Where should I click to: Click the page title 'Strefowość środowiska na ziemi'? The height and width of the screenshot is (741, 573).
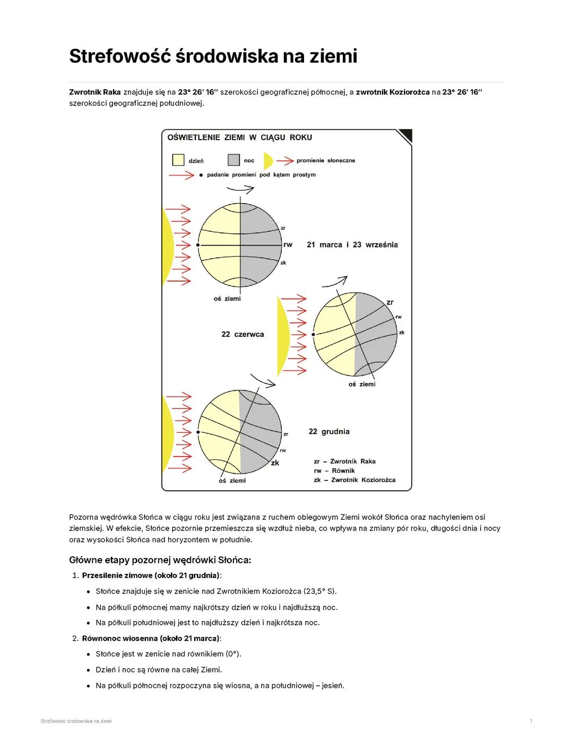tap(213, 56)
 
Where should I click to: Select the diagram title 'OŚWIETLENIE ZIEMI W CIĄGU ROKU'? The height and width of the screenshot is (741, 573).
tap(239, 137)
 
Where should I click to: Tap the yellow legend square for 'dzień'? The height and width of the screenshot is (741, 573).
tap(178, 160)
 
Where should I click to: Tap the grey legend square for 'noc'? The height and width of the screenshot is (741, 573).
tap(233, 160)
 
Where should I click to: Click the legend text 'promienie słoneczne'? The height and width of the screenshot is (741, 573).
tap(326, 160)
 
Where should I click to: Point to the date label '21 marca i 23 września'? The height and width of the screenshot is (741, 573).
tap(352, 245)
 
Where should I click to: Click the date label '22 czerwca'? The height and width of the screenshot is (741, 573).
tap(242, 334)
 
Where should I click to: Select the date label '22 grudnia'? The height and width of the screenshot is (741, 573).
tap(329, 431)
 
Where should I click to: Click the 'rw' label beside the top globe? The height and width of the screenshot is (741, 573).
tap(288, 245)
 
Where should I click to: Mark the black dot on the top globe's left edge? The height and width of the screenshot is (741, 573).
tap(198, 245)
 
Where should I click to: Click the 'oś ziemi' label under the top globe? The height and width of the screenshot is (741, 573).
tap(227, 299)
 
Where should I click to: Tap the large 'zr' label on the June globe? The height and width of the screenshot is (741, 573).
tap(390, 302)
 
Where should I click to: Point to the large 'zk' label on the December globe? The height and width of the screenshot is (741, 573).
tap(275, 463)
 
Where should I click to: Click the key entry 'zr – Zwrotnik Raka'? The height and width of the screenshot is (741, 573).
tap(344, 461)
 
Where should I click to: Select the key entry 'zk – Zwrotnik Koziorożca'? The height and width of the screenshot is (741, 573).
tap(354, 480)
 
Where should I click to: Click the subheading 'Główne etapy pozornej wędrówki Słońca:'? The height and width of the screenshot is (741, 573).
tap(160, 560)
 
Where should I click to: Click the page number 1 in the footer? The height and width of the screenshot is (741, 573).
tap(531, 721)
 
